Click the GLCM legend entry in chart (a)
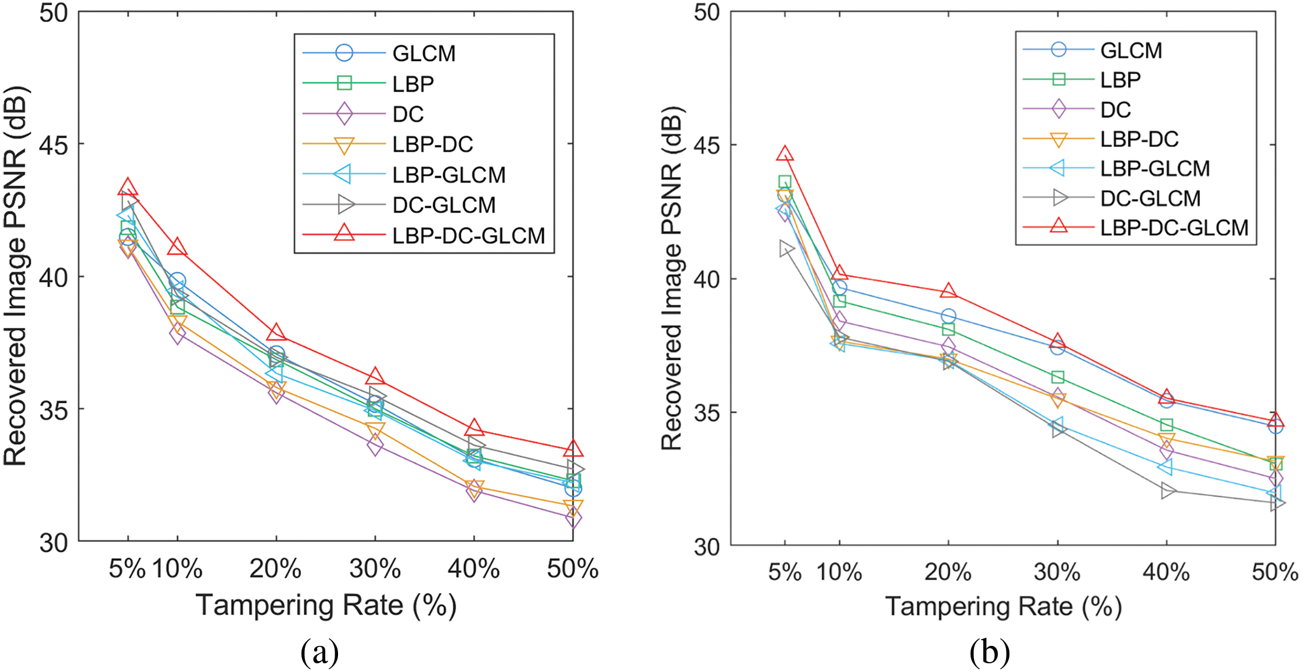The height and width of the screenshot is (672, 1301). (423, 53)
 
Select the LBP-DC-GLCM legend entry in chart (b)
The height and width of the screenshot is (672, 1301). (1174, 228)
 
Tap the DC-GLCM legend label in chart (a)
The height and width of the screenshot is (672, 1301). (444, 205)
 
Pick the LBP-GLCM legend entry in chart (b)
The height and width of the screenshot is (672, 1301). (1155, 168)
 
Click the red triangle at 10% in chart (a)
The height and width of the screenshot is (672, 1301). (177, 248)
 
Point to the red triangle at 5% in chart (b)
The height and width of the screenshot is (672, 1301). (785, 154)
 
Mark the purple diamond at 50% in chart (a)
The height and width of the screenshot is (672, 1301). (573, 518)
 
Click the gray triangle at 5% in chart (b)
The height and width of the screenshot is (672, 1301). (785, 250)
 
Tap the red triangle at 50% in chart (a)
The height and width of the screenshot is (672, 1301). (573, 449)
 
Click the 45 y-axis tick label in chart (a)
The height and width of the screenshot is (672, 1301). (53, 144)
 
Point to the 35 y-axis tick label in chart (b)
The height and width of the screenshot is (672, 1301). (707, 413)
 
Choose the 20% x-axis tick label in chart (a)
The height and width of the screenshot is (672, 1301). (275, 569)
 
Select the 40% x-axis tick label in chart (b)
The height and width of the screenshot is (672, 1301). (1166, 573)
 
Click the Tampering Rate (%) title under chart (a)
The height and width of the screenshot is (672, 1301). (326, 605)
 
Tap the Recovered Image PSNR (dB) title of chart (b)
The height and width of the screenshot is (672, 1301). (673, 279)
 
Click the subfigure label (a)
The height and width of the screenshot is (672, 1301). (319, 653)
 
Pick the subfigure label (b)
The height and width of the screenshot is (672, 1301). (989, 653)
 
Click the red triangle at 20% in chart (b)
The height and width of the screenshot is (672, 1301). (948, 291)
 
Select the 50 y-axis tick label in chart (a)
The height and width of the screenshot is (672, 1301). (53, 13)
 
